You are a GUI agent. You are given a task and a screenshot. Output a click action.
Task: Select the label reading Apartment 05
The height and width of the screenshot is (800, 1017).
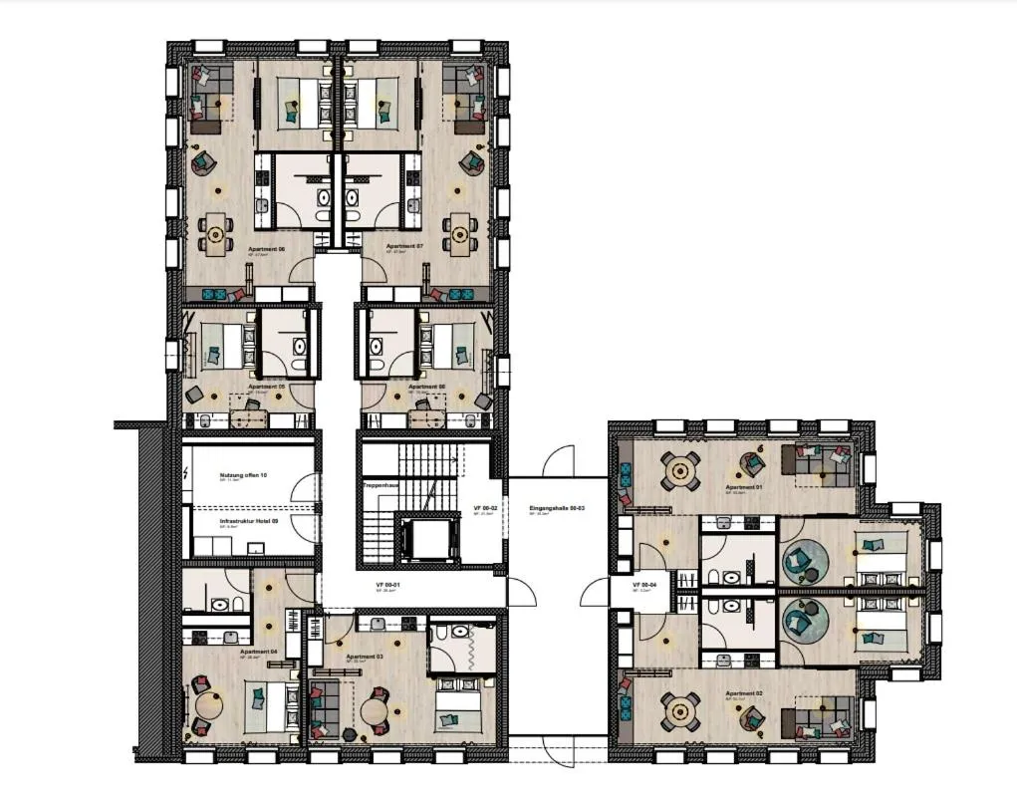267,386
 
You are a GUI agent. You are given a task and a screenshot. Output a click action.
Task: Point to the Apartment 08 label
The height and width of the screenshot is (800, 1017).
425,386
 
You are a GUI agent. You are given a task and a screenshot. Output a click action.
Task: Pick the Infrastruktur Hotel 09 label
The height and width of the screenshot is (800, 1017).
249,520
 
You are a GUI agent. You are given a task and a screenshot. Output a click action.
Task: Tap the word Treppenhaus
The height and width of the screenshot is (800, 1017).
381,485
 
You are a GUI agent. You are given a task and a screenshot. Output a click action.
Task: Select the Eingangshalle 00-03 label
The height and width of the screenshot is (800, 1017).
557,508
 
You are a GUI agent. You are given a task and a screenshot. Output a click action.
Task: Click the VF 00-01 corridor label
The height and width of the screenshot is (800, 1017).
388,585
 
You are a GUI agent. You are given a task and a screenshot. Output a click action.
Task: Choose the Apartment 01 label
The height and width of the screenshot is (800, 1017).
743,487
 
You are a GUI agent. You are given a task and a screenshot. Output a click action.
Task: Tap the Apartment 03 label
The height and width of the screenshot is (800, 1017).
365,658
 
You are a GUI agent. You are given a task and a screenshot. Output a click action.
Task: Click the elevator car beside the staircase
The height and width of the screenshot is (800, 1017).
429,540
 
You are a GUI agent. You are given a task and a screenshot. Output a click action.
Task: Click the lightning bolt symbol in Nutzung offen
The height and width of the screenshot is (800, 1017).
187,474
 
